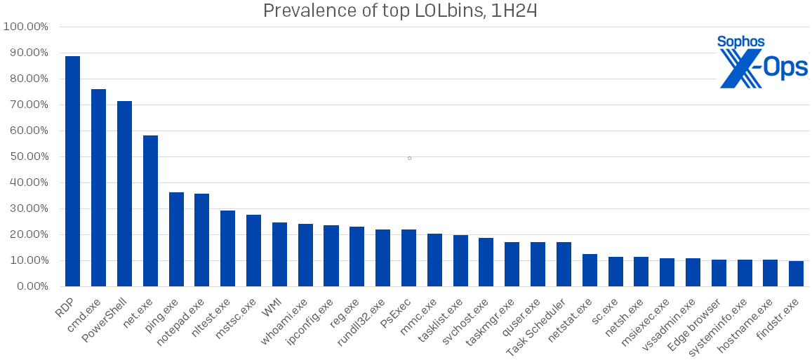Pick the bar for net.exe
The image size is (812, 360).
[150, 211]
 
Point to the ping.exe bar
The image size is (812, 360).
[176, 239]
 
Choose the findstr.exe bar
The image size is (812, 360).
[796, 274]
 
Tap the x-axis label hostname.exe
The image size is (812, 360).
[747, 322]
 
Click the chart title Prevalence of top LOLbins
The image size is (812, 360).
[400, 11]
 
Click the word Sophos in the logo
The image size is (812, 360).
[740, 42]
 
